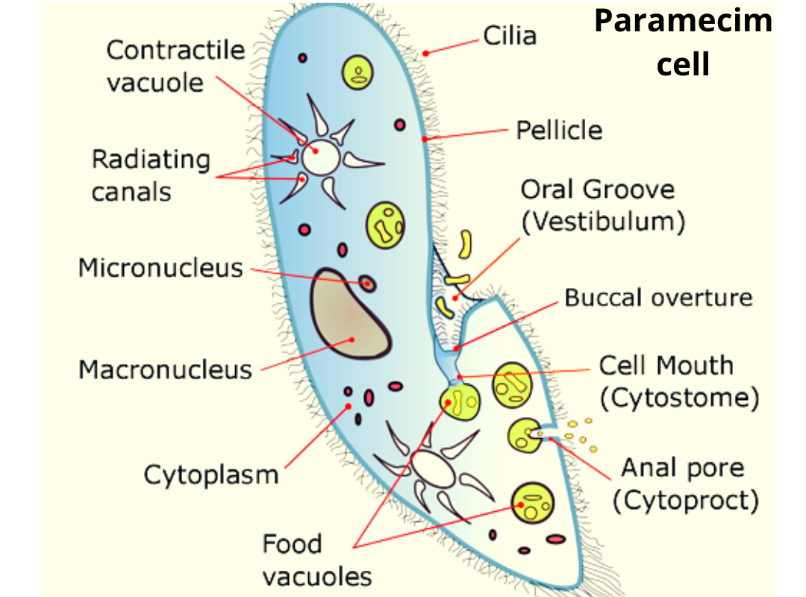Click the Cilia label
510,35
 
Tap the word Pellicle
559,131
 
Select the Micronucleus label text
160,268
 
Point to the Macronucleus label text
165,369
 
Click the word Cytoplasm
211,475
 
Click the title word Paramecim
683,21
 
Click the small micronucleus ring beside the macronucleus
367,284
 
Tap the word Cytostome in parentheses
684,398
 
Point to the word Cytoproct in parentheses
686,501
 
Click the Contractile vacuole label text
175,66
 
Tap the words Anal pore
683,468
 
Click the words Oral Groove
597,190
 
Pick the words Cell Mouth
666,366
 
